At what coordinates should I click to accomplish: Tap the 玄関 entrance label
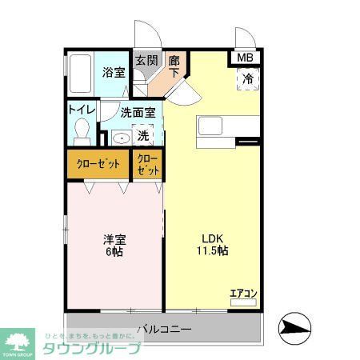[145, 61]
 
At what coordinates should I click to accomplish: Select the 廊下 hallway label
[174, 66]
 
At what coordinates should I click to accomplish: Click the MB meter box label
[245, 58]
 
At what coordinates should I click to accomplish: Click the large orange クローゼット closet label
[98, 164]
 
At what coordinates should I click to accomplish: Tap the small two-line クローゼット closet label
[148, 165]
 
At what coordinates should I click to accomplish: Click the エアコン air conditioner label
[242, 293]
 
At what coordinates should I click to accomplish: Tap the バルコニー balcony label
[163, 329]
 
